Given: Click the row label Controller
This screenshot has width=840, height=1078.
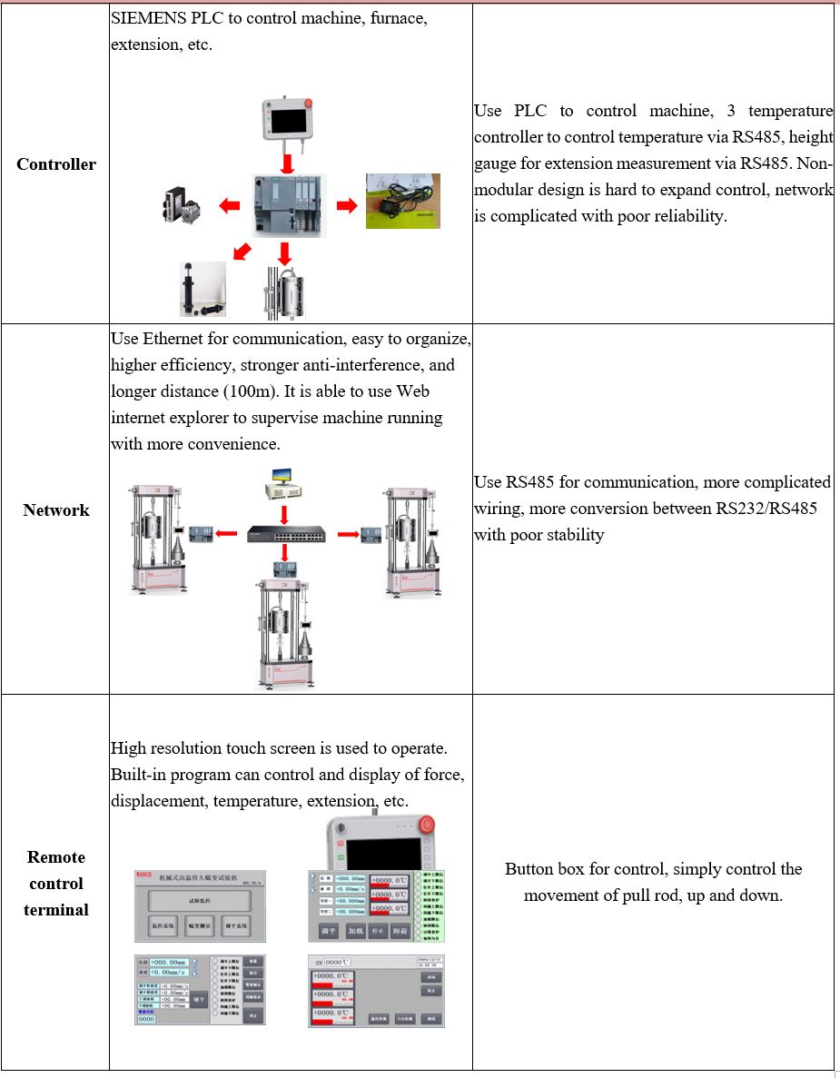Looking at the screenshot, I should point(56,164).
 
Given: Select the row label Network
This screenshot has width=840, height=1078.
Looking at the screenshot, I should point(56,510).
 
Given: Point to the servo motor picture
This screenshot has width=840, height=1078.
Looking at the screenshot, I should point(185,207).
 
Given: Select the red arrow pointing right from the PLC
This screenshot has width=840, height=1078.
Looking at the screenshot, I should point(347,206).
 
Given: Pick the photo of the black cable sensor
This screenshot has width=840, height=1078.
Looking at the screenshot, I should point(402,201).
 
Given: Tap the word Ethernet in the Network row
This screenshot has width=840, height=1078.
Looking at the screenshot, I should point(173,339).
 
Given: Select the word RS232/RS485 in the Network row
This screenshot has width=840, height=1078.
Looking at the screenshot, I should point(766,509).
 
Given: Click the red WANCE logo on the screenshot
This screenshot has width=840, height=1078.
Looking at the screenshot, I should point(143,875).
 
